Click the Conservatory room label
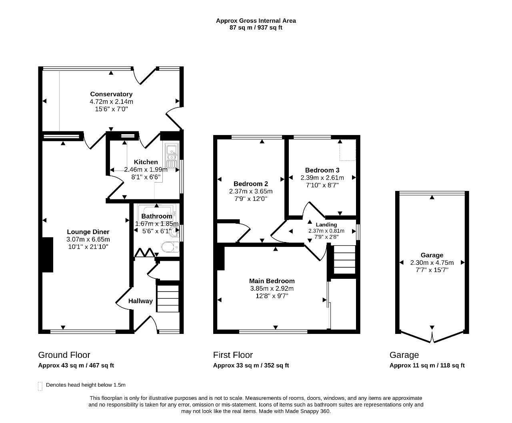pos(111,94)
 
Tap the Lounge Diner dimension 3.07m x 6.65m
pos(88,239)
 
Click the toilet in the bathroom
pos(170,247)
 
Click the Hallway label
pos(140,301)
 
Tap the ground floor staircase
pos(168,298)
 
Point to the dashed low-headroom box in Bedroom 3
pos(348,150)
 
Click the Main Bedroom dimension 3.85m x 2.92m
pos(272,288)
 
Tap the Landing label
pos(326,224)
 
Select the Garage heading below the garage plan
pos(404,355)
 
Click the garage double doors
pos(432,337)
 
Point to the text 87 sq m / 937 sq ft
pos(256,28)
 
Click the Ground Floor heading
pos(64,355)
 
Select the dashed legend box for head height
pos(40,386)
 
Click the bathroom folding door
pos(145,253)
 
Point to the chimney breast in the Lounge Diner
pos(48,255)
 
